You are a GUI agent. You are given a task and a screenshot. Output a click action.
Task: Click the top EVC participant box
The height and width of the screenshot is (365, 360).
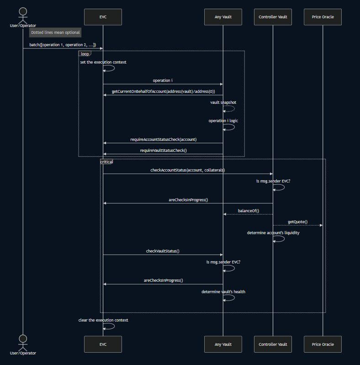[103, 17]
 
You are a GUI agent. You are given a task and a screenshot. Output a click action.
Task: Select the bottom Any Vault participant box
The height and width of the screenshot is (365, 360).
[223, 344]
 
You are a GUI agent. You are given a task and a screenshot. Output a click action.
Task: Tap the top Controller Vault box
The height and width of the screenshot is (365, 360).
[273, 17]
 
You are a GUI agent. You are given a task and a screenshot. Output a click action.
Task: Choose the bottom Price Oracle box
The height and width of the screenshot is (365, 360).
[323, 344]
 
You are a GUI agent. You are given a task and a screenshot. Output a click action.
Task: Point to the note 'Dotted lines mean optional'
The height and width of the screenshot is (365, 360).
[55, 32]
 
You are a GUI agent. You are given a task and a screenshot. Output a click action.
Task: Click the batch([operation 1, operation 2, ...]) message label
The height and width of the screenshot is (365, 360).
[63, 44]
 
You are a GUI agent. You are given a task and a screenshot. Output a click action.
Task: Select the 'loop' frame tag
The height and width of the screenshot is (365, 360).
[85, 54]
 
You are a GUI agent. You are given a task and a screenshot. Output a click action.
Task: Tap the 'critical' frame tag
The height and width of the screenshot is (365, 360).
[106, 162]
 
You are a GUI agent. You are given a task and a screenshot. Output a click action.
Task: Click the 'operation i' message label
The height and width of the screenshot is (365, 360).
[163, 81]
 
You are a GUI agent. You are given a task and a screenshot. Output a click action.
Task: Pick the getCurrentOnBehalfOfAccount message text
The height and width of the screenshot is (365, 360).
[163, 91]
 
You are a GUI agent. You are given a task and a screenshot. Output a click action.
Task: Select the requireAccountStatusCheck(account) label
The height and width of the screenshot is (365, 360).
[163, 139]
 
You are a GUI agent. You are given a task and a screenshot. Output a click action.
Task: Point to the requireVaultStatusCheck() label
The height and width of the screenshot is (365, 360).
[163, 150]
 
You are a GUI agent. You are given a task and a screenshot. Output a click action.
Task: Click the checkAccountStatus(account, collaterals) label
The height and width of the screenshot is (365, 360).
[187, 170]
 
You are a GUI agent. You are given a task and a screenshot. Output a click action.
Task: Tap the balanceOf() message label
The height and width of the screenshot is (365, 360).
[249, 211]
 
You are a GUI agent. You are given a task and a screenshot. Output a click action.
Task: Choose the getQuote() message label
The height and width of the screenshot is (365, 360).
[297, 222]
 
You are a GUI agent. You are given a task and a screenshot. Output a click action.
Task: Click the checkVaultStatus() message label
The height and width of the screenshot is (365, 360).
[163, 251]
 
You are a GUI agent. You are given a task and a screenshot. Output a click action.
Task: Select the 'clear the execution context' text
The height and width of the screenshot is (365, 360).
[103, 320]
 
